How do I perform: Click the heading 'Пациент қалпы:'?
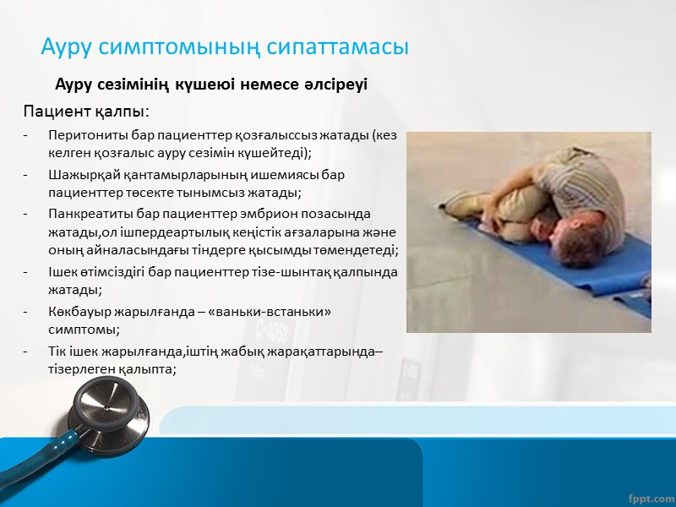86,112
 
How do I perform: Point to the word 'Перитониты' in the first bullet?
84,135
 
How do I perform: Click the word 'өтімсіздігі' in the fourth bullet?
114,272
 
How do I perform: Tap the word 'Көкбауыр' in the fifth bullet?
79,312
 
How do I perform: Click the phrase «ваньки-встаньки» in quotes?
280,312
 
